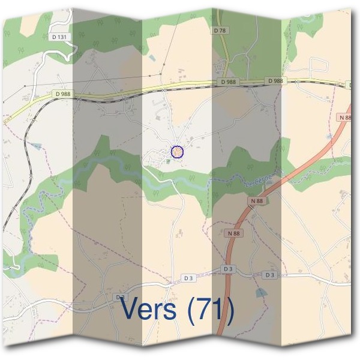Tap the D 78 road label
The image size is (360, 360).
(219, 29)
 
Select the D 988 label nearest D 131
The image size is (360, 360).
(62, 94)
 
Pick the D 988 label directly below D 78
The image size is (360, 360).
(228, 82)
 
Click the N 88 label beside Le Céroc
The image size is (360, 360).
(257, 200)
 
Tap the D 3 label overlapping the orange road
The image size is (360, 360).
(227, 269)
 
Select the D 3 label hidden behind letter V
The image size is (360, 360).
(121, 297)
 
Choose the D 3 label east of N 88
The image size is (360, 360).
(269, 274)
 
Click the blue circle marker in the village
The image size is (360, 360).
(176, 152)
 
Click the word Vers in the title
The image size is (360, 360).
(149, 309)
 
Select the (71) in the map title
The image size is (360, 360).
(209, 309)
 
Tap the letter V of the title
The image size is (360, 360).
(130, 309)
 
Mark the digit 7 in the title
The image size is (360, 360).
(204, 309)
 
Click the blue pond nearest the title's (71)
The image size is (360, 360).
(259, 293)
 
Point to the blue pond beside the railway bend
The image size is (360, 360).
(37, 146)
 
